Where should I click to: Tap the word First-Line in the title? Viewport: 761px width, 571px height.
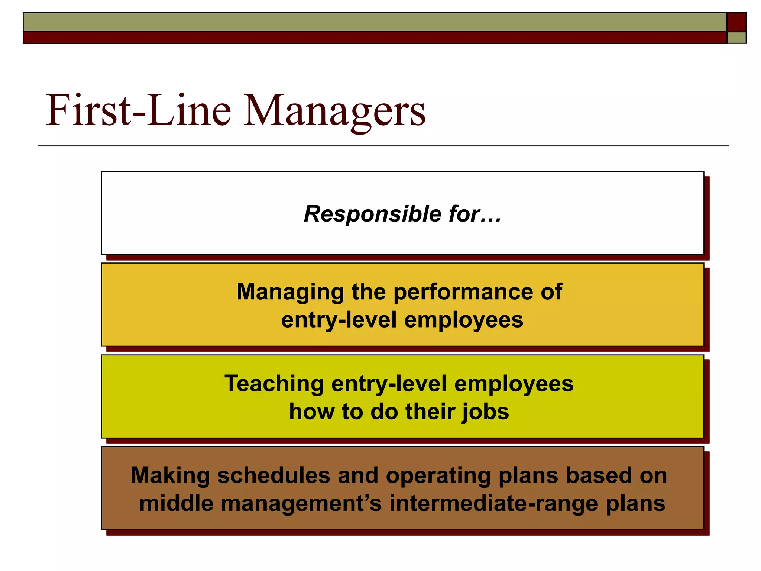(x=138, y=110)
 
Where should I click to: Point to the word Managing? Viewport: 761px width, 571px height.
(x=290, y=292)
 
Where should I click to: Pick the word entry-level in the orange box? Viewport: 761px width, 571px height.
(x=339, y=320)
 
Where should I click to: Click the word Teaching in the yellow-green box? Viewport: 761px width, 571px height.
(x=274, y=384)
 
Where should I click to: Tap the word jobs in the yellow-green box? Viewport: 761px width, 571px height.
(x=485, y=412)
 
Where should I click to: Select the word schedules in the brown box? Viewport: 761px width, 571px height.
(x=273, y=475)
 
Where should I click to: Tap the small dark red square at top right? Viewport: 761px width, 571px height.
(x=736, y=22)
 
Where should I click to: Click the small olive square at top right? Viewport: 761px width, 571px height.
(x=736, y=38)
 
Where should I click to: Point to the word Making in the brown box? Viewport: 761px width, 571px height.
(x=171, y=475)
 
